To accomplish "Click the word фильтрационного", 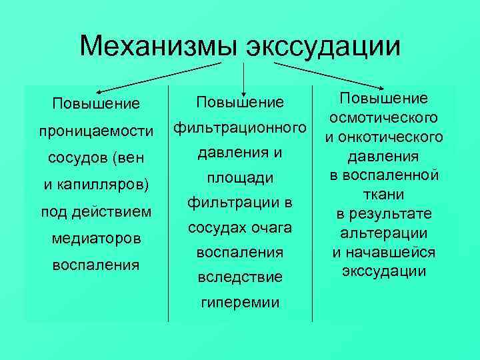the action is click(241, 127).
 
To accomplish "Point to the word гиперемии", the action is click(241, 302).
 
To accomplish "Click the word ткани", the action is click(383, 194).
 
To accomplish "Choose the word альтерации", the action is click(383, 233).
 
